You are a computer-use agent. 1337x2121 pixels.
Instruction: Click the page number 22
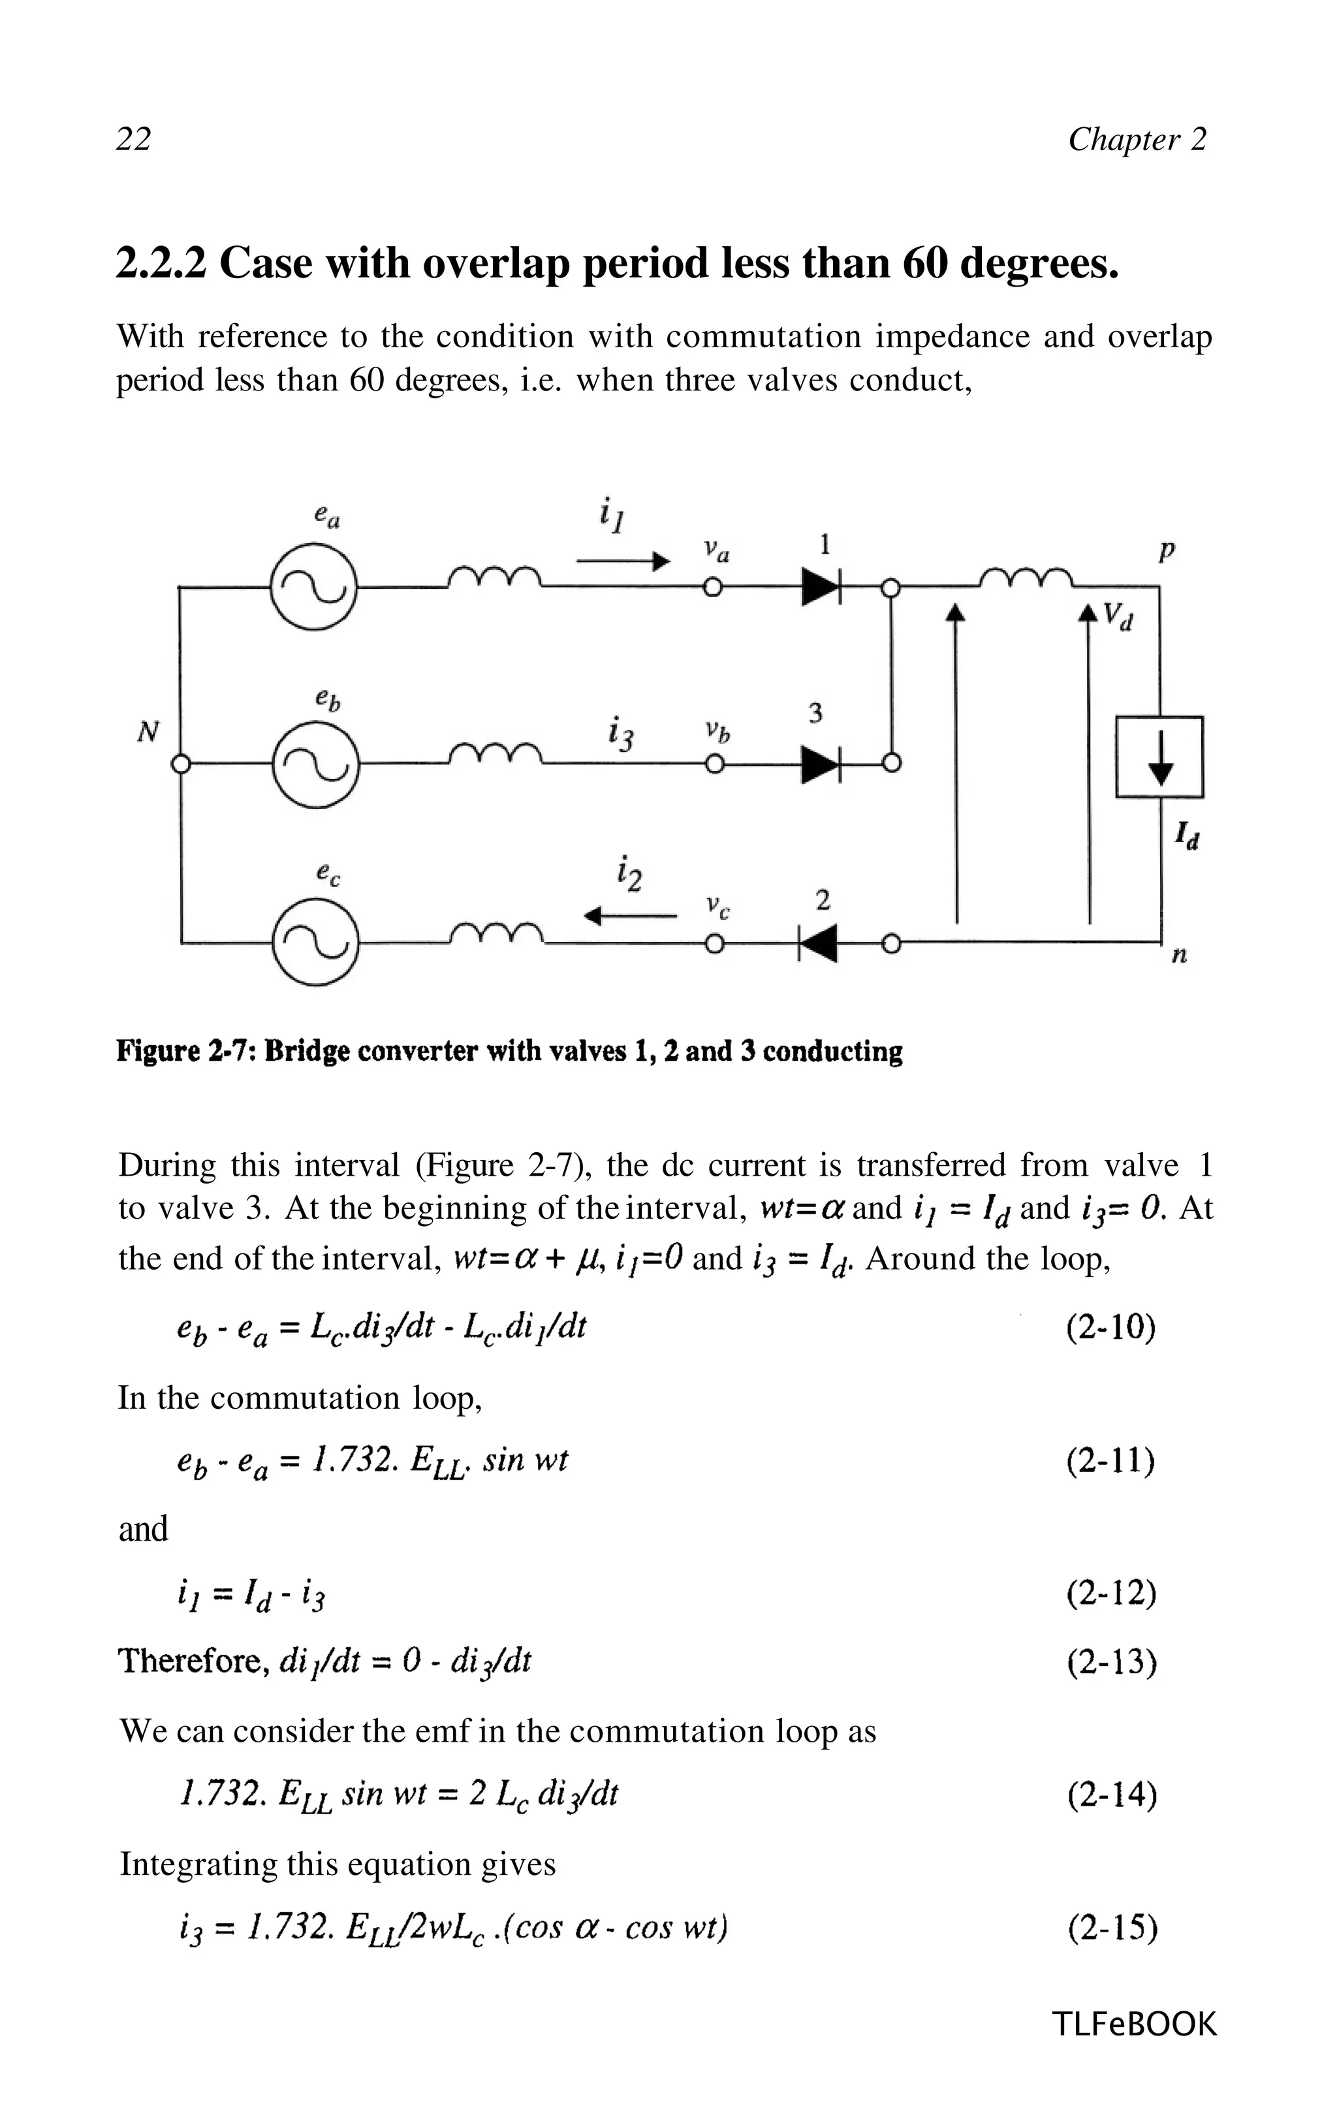(134, 139)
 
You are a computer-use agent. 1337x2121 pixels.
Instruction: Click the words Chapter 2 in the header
(1137, 139)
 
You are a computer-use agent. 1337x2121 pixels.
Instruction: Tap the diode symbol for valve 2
(817, 944)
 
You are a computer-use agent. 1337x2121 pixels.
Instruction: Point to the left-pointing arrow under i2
(631, 917)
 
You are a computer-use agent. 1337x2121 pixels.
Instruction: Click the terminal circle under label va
(714, 588)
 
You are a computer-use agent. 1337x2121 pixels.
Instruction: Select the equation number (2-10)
(1110, 1327)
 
